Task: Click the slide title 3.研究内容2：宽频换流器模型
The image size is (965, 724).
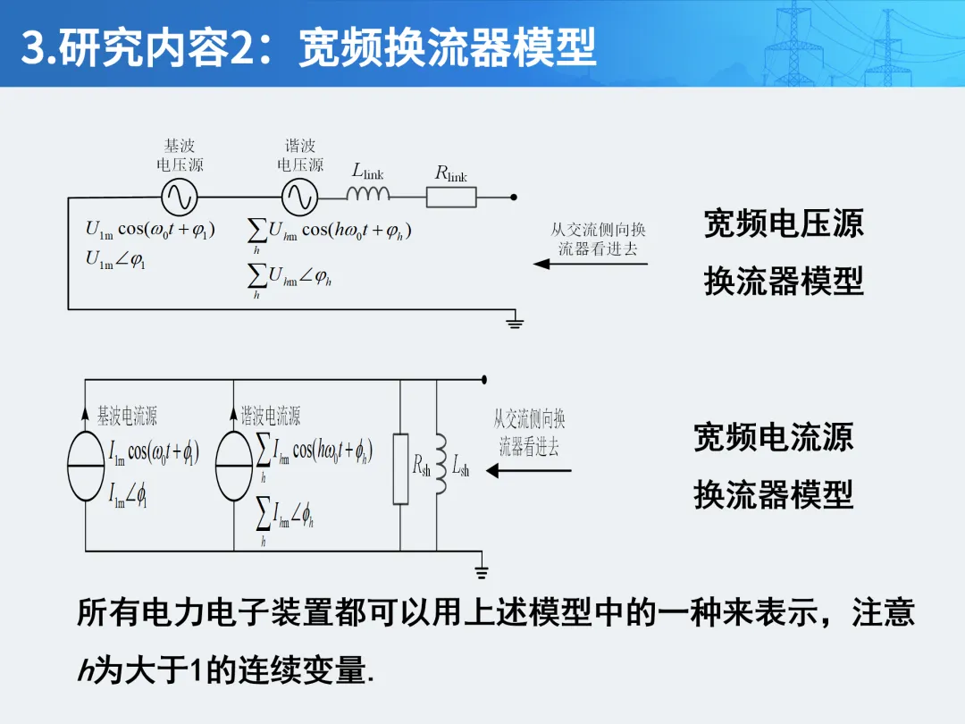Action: pos(309,46)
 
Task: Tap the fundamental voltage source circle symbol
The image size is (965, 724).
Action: pos(179,196)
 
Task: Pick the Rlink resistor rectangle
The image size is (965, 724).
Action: pos(451,197)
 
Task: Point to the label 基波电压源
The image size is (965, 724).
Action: pos(180,156)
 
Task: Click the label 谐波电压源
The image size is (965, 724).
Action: pos(300,156)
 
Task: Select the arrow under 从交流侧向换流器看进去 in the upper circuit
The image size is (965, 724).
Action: pos(590,264)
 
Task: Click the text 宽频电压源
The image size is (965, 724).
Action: pos(784,223)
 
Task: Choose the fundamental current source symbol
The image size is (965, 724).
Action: pos(86,467)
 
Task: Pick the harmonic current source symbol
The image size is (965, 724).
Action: pos(234,467)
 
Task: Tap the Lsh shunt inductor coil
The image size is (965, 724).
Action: pos(439,465)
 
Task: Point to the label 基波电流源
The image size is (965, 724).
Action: pos(127,416)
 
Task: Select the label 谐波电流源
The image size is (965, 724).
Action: pos(271,416)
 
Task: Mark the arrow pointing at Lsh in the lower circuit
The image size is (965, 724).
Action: pos(528,470)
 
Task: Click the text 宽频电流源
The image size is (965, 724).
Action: pos(774,438)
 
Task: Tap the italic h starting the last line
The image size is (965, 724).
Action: pos(85,671)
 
